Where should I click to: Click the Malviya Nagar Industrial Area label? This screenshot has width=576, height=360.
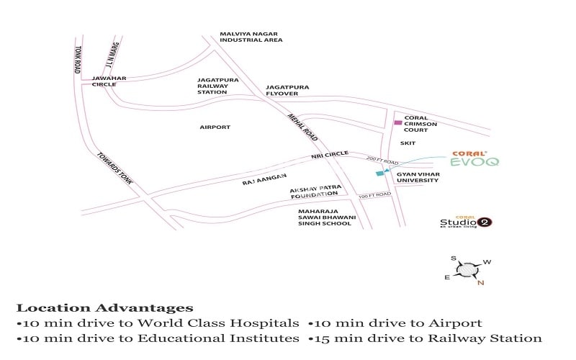251,37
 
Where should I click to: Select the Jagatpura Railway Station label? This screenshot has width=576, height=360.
212,86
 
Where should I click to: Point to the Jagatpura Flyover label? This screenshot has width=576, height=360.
287,90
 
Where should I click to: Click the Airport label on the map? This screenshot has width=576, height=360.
215,127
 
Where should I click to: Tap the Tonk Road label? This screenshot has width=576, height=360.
77,60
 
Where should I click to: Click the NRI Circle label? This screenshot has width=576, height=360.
330,154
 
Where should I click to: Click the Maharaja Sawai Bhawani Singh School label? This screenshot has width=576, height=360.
325,217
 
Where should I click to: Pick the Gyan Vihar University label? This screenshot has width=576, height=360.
417,177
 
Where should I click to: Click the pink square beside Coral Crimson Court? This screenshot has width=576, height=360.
397,123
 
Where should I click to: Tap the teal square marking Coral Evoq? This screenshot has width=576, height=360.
379,174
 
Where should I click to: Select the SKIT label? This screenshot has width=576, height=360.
408,143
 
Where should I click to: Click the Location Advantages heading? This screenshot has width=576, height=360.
104,309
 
